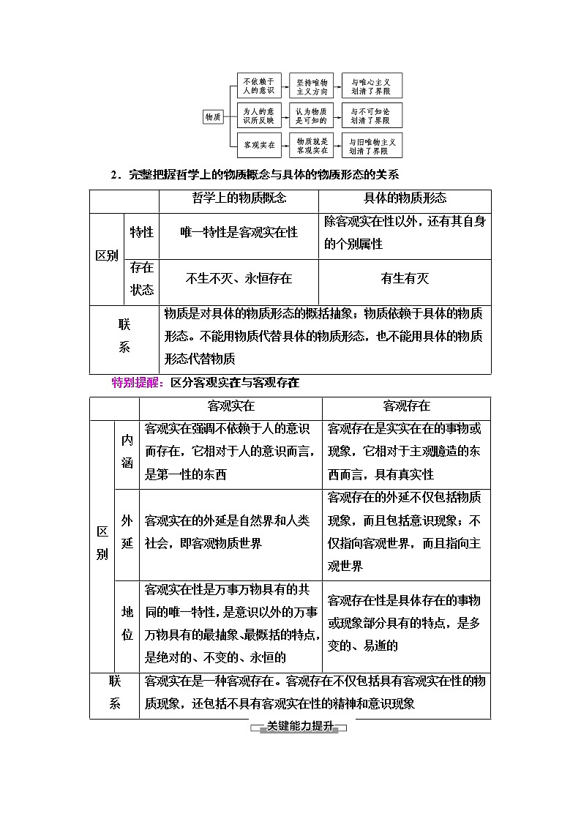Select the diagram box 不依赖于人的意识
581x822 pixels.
258,86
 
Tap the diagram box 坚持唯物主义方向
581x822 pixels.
312,86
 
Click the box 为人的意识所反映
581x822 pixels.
258,116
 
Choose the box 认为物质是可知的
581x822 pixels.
312,116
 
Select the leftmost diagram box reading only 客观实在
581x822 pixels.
258,145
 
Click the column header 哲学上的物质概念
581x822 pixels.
239,198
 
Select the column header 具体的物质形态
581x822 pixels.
405,198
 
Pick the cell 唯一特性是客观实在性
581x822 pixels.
239,232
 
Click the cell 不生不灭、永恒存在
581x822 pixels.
239,279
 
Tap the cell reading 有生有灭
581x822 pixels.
405,279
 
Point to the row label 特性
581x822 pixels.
141,232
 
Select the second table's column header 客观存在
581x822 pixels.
406,406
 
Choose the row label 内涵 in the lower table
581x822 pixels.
127,452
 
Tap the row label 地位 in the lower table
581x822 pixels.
127,623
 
